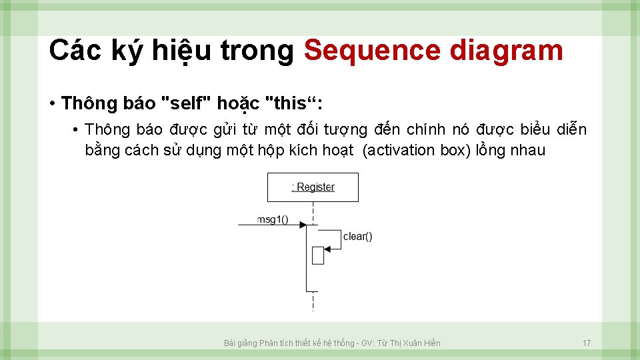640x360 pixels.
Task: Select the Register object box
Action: click(313, 187)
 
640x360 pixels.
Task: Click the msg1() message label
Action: click(273, 219)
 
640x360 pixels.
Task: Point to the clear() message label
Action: click(357, 236)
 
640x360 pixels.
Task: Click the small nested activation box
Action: click(318, 255)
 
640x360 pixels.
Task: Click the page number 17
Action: click(587, 343)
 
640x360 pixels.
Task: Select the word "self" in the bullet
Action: click(187, 104)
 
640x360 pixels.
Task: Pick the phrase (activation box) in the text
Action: click(417, 150)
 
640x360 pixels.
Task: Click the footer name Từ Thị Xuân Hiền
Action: click(409, 343)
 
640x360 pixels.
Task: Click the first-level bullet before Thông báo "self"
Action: click(51, 104)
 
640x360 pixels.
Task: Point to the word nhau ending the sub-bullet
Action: click(527, 150)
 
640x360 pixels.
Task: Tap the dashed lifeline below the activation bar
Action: click(313, 301)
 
